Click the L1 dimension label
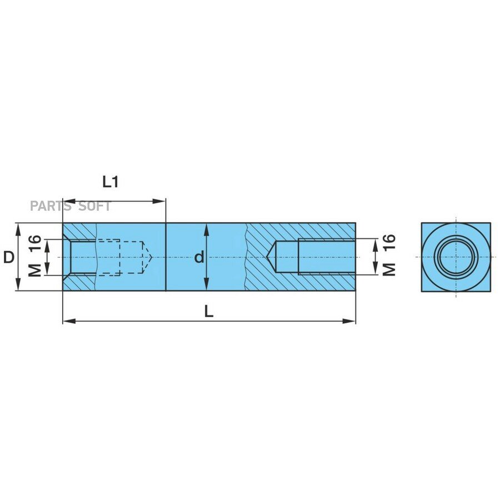pos(111,182)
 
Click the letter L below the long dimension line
pos(208,311)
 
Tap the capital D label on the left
pos(9,257)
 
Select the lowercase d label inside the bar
pos(199,257)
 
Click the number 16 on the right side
pos(389,242)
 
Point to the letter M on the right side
pos(389,269)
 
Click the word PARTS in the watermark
pos(51,207)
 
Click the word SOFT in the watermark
pos(94,207)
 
